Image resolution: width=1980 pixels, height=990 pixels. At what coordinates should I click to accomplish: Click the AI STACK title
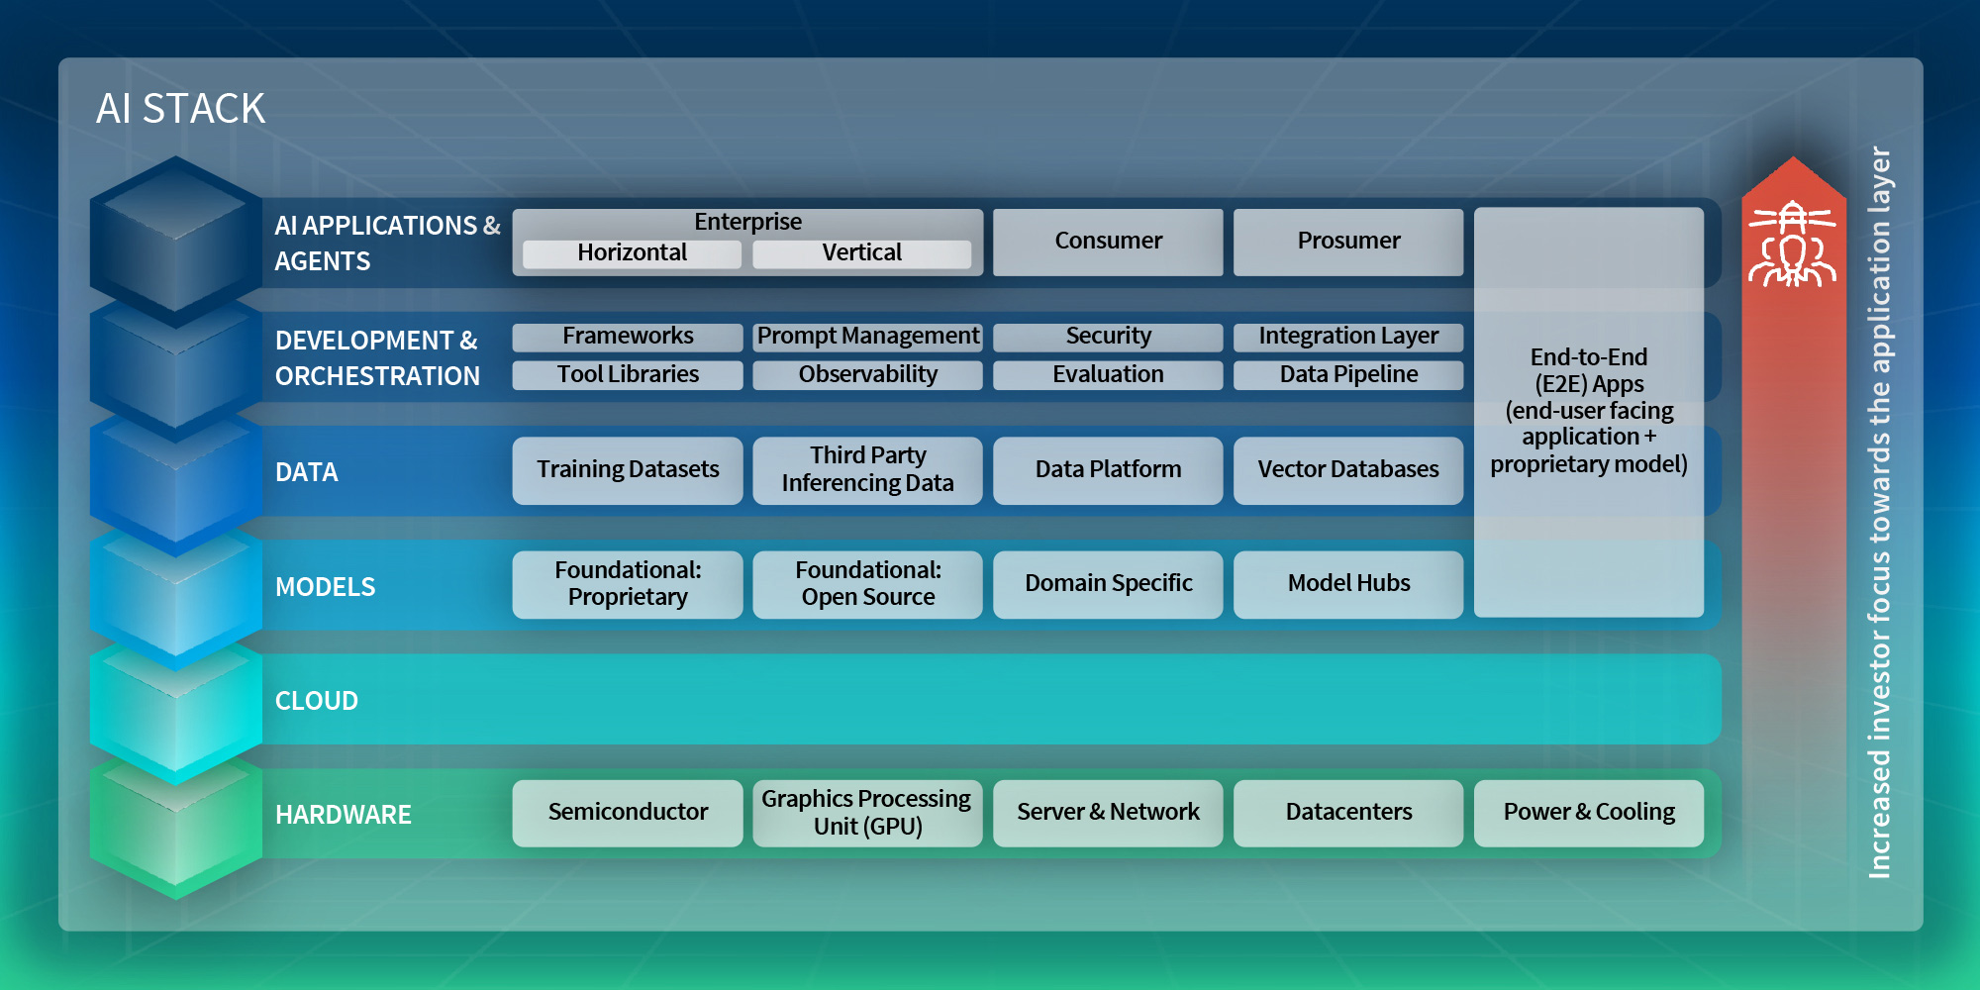(180, 109)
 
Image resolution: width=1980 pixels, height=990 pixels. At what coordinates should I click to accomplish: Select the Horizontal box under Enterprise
(632, 253)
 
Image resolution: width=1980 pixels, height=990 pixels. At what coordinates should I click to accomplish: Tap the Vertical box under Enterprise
(861, 253)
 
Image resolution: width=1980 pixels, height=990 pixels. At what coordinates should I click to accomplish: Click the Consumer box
(1108, 242)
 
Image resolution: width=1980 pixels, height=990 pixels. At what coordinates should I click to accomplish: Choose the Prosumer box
(1348, 242)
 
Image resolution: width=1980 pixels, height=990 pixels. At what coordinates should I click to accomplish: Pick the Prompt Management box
(867, 337)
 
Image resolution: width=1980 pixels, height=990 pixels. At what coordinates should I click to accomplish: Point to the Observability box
(867, 375)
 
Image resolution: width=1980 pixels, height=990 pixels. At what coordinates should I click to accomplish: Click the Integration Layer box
(1348, 337)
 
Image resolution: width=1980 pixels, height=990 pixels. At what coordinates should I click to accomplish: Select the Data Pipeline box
(1348, 375)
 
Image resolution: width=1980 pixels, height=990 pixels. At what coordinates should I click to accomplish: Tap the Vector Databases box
(1348, 470)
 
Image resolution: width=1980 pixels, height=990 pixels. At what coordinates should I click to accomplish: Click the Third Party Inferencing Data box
(867, 470)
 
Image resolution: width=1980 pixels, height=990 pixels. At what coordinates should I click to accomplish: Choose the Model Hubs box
(1348, 584)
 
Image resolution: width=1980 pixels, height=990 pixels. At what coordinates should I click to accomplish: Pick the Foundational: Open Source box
(867, 584)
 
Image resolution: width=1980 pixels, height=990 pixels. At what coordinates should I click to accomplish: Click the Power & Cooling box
(1589, 813)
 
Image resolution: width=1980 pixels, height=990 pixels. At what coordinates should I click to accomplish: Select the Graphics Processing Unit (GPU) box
(867, 813)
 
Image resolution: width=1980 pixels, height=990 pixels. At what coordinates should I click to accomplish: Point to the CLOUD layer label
(317, 701)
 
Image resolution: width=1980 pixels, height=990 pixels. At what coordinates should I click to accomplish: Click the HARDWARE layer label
(344, 815)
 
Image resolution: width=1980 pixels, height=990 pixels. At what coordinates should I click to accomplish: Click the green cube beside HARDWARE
(176, 830)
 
